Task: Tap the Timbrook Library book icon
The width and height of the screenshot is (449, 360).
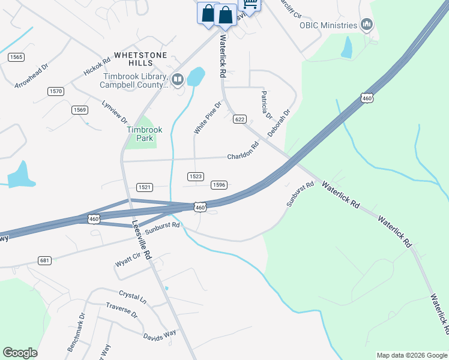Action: click(x=177, y=79)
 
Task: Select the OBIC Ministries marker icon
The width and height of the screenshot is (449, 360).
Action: click(x=367, y=25)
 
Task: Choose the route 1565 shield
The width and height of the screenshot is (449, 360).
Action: click(x=16, y=56)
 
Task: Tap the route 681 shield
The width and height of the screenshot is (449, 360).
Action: click(x=44, y=260)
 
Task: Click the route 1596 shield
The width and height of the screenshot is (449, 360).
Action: click(x=218, y=185)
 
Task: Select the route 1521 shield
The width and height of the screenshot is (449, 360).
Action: click(x=144, y=187)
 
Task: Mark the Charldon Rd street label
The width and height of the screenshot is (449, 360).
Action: click(x=243, y=151)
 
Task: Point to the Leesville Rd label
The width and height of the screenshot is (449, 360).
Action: click(x=142, y=240)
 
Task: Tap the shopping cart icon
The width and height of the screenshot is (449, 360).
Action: click(x=249, y=5)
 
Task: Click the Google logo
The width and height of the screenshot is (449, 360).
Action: click(x=20, y=353)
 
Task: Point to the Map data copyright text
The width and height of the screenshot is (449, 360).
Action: click(x=412, y=355)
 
